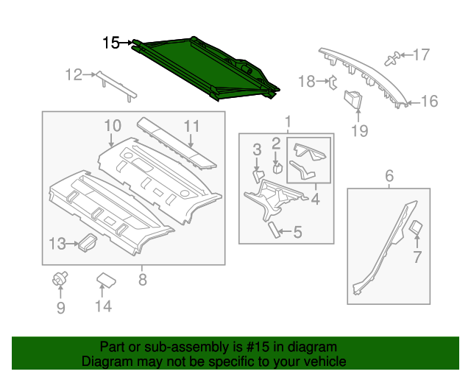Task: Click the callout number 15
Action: tap(110, 43)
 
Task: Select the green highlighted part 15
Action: tap(206, 71)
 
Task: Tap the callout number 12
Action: tap(73, 74)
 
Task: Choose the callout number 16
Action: tap(428, 102)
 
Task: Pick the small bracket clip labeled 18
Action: tap(333, 81)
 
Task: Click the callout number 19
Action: tap(358, 132)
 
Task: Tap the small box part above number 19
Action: tap(354, 99)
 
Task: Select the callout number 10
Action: tap(111, 126)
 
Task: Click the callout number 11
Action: tap(191, 126)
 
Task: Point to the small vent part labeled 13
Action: tap(88, 241)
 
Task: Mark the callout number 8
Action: tap(142, 279)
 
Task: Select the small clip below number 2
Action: tap(277, 166)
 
